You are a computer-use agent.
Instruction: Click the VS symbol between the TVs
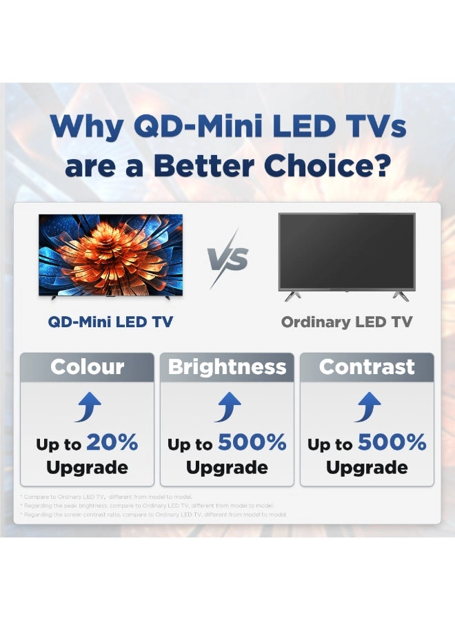click(x=228, y=260)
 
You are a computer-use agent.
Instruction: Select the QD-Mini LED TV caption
click(x=110, y=322)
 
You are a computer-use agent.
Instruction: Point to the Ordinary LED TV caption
click(x=347, y=322)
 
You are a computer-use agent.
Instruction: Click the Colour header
click(x=87, y=366)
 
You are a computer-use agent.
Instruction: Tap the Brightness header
click(x=227, y=366)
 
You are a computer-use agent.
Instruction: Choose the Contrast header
click(x=367, y=366)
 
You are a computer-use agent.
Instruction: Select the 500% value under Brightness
click(x=252, y=443)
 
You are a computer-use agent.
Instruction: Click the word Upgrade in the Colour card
click(x=87, y=468)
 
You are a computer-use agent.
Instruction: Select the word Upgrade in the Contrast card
click(x=367, y=468)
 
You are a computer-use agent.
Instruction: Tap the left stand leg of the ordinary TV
click(x=292, y=295)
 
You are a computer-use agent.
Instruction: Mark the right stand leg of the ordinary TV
click(x=401, y=295)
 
